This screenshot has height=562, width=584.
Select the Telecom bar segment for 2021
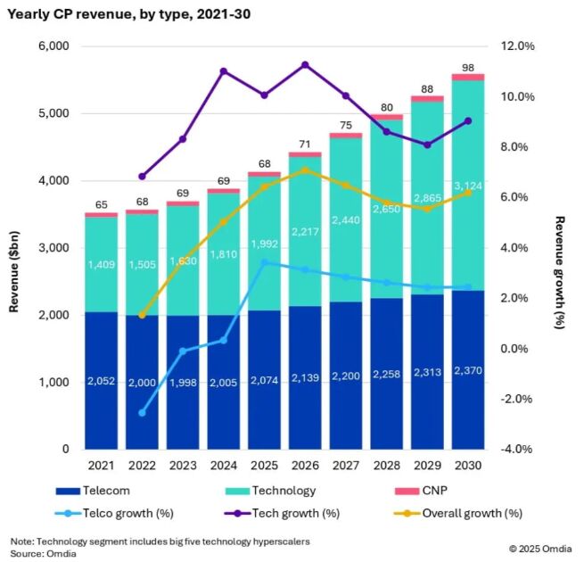pyautogui.click(x=102, y=381)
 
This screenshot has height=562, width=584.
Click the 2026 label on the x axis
pyautogui.click(x=305, y=466)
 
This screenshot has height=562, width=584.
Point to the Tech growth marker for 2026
pyautogui.click(x=305, y=65)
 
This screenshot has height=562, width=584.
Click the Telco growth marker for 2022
pyautogui.click(x=143, y=413)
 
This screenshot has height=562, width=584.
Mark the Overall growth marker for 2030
pyautogui.click(x=467, y=193)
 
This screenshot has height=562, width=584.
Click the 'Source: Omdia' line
pyautogui.click(x=41, y=554)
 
